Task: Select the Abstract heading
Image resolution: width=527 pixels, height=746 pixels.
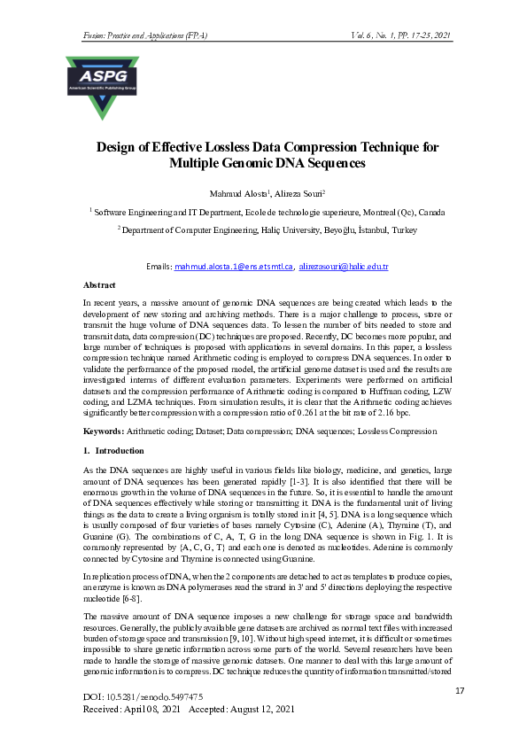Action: [101, 285]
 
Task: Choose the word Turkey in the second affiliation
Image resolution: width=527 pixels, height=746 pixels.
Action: [404, 229]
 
